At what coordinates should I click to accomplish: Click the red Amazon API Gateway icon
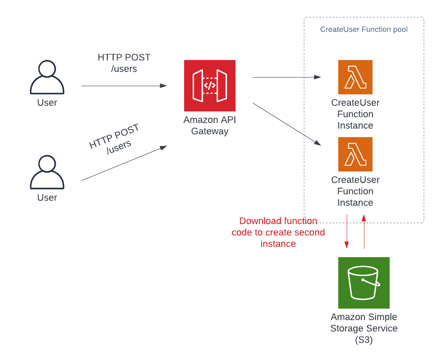210,86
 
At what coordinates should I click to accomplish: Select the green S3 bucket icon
364,283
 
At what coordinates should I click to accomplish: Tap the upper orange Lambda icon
355,77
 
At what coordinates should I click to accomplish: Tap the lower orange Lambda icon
355,154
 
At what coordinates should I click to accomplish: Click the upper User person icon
47,77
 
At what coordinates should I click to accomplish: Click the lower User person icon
47,172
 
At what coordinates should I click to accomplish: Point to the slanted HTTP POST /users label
114,139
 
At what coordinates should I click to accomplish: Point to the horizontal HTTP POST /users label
124,63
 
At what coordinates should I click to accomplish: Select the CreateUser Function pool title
364,30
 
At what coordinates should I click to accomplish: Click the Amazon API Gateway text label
210,126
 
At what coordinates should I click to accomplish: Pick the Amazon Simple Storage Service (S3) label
364,328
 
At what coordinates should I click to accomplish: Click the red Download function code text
278,232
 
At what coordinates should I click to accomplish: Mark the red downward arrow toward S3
347,231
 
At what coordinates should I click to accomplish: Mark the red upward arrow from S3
364,231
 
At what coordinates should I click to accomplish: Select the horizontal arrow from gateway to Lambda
287,77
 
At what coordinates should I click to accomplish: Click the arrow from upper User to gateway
124,86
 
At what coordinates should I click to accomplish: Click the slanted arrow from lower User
124,163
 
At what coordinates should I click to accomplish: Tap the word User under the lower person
47,198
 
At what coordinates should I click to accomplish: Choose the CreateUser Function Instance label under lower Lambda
355,191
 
